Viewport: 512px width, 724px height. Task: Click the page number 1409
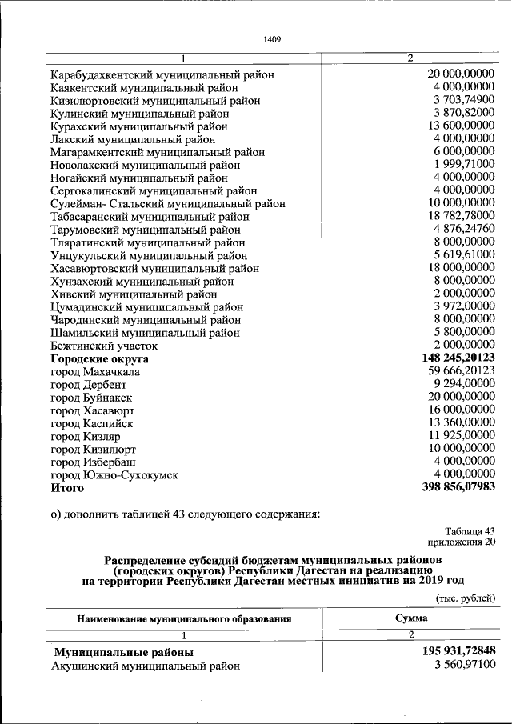(x=272, y=39)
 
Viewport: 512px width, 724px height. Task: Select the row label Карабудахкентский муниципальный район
(x=162, y=74)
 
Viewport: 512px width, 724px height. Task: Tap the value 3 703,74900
(x=461, y=100)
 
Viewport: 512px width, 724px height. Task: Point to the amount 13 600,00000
(x=461, y=126)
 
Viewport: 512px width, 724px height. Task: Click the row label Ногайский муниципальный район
(x=139, y=178)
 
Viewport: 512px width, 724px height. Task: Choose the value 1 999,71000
(x=461, y=164)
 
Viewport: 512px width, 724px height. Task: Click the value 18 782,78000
(x=461, y=216)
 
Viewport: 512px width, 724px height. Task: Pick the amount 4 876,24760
(x=461, y=230)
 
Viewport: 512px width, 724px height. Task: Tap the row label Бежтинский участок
(x=104, y=346)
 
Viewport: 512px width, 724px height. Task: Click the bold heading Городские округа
(x=100, y=359)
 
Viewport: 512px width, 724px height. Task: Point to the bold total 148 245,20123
(x=458, y=358)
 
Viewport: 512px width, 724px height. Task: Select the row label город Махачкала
(x=95, y=372)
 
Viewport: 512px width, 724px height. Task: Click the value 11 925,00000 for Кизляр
(x=461, y=435)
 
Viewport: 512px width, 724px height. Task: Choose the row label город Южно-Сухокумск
(x=114, y=474)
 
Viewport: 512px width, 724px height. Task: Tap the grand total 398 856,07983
(x=458, y=486)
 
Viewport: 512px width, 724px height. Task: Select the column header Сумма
(x=410, y=618)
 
